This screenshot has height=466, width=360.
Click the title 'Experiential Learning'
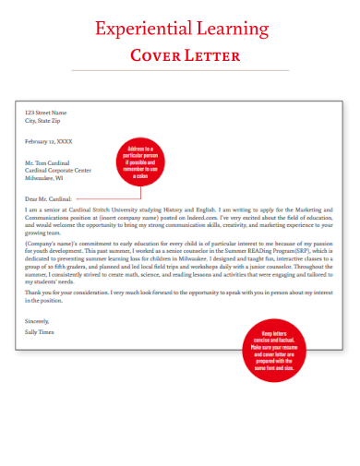point(180,28)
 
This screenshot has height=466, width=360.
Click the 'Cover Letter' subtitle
point(185,55)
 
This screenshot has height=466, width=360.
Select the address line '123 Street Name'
point(46,113)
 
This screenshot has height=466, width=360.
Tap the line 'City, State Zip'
point(42,120)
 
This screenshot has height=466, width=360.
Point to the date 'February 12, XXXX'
point(48,141)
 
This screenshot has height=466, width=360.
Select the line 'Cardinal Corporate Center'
point(58,171)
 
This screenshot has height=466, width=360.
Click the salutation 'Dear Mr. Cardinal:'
point(49,197)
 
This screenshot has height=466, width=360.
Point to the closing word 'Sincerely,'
point(39,320)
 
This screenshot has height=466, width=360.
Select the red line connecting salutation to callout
point(92,196)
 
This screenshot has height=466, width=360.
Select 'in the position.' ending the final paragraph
point(44,299)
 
